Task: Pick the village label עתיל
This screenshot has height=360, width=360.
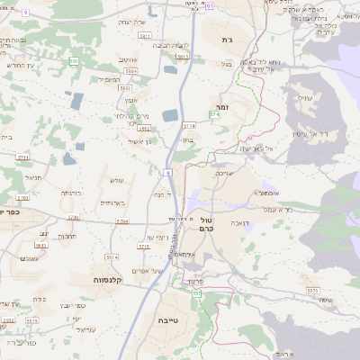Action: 301,100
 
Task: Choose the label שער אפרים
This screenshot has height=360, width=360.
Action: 145,272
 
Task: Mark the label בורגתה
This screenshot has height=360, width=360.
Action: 71,193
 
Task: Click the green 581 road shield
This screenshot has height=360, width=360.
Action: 74,61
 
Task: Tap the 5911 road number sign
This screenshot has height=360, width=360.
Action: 183,56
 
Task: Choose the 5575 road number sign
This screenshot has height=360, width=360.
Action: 313,291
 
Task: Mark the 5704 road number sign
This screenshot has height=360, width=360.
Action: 121,220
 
